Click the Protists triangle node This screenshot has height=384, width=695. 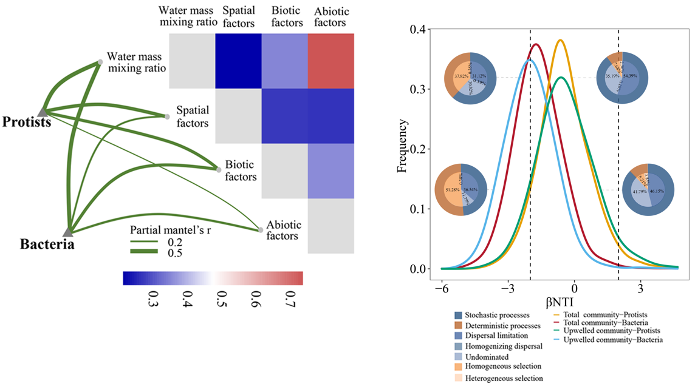click(43, 112)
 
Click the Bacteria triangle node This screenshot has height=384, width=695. click(68, 231)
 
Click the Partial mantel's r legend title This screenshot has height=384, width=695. click(169, 231)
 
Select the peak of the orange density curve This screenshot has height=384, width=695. click(560, 40)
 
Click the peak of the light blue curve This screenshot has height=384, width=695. click(530, 60)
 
